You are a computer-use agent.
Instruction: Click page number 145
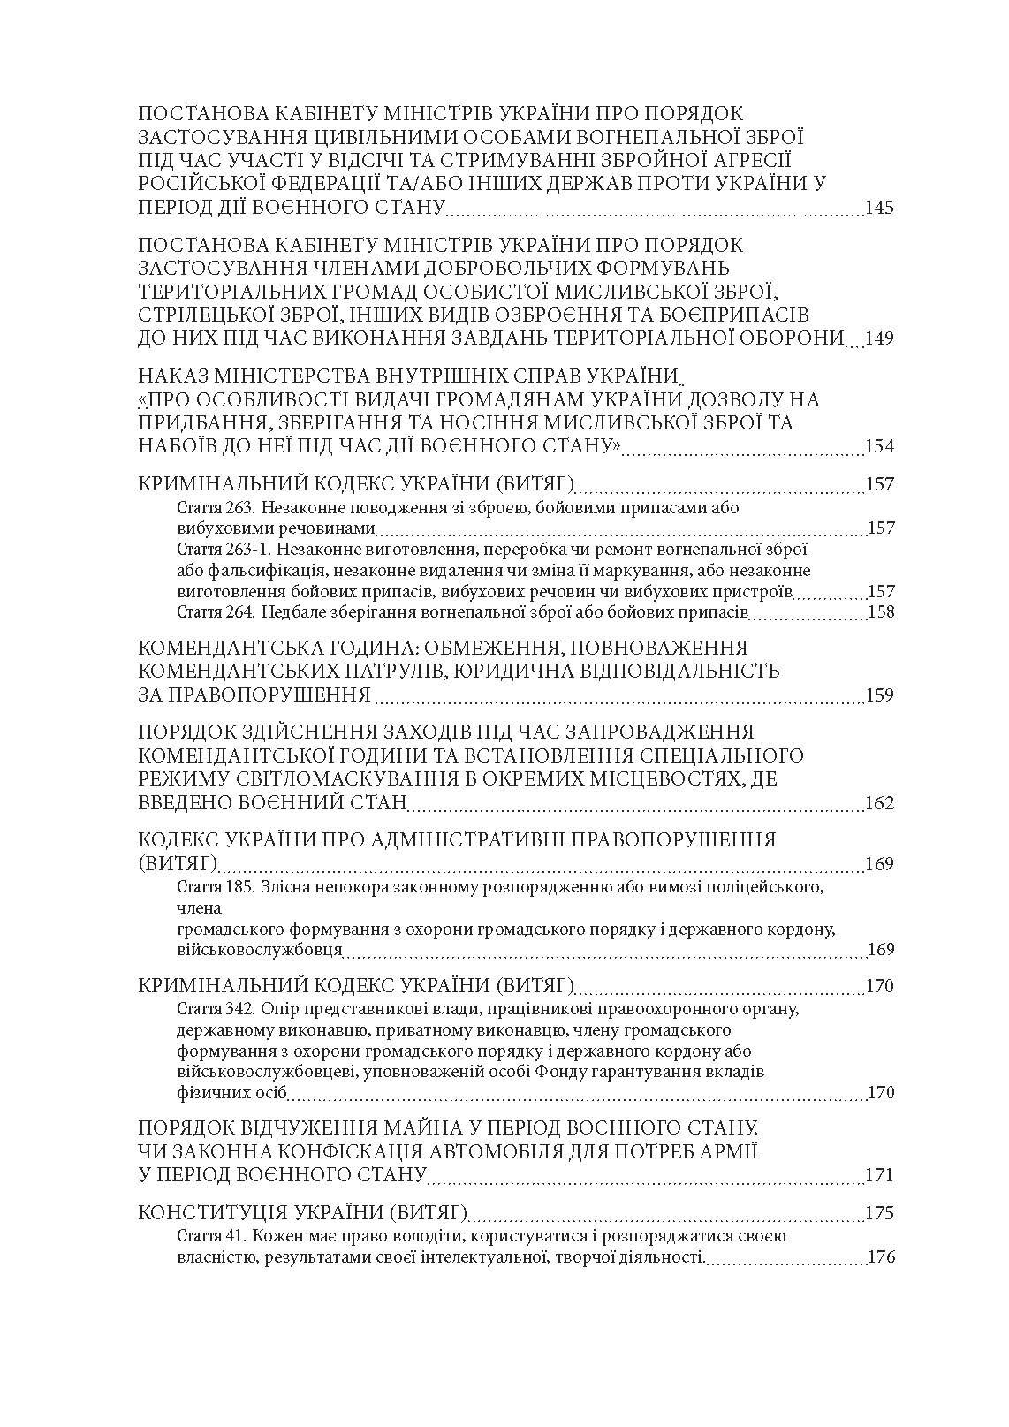coord(880,209)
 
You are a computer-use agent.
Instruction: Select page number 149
coord(880,338)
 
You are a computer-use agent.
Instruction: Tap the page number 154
coord(880,445)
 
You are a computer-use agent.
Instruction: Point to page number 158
coord(882,611)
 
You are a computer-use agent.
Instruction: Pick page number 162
coord(880,803)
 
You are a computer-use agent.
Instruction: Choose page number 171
coord(880,1175)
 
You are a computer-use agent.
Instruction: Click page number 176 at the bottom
coord(882,1256)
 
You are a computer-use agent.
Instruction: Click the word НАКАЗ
coord(177,376)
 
